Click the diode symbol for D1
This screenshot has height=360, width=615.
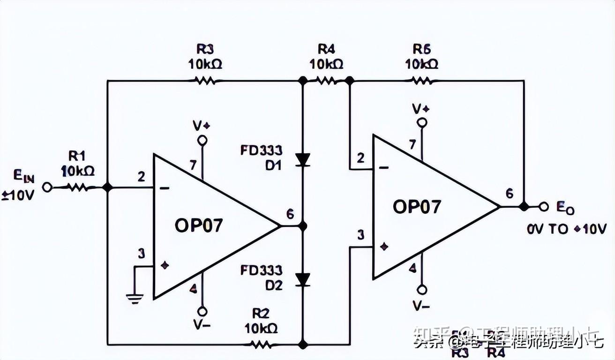pos(303,160)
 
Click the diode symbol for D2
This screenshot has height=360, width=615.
pos(303,280)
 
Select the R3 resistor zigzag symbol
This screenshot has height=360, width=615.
pos(205,81)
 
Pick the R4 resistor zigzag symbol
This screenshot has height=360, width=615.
pos(326,81)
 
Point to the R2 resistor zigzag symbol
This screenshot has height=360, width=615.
pos(260,345)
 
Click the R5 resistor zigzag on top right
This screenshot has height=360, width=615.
pos(422,81)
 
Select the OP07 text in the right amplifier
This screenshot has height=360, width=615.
pos(417,207)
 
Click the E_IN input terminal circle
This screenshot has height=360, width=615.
pos(46,187)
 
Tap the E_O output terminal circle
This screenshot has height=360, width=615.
pos(544,206)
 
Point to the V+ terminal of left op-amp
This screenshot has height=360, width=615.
pos(202,140)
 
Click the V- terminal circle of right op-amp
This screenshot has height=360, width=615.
pos(422,289)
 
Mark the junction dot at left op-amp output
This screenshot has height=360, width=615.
pos(303,226)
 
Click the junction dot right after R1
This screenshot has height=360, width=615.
pos(107,187)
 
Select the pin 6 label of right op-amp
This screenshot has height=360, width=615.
pos(510,194)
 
